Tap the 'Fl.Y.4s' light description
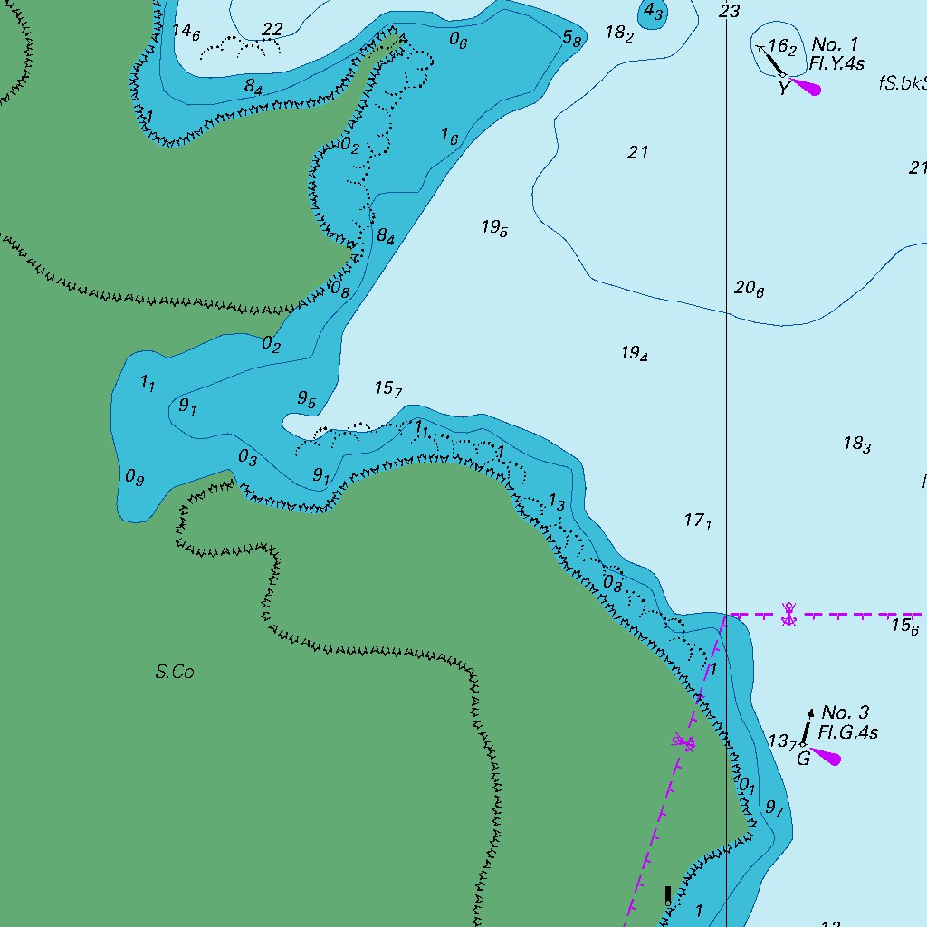837,64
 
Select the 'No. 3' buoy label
845,713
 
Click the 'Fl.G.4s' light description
848,733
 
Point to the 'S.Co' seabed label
175,672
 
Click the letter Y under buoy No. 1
784,89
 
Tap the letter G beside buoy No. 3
803,759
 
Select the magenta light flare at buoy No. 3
827,755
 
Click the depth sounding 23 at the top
730,11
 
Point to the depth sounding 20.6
749,289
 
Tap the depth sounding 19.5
494,228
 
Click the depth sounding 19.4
634,354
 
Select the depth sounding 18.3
856,444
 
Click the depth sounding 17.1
697,521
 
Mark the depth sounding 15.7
387,388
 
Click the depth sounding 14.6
186,32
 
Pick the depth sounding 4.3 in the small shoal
653,13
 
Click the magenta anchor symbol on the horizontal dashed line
789,615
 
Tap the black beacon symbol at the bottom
668,897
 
